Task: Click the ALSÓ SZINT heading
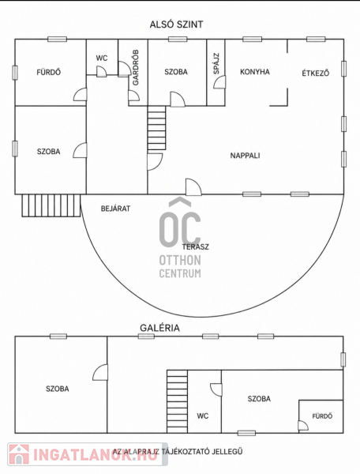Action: [x=176, y=24]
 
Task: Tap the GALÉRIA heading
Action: [x=159, y=328]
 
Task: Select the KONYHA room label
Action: [x=255, y=72]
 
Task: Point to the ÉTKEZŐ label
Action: [x=316, y=73]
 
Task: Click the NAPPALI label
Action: [x=245, y=156]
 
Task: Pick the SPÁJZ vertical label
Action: [x=216, y=64]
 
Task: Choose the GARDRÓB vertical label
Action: [x=136, y=67]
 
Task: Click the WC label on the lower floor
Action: [x=102, y=58]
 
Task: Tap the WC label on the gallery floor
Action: [x=203, y=416]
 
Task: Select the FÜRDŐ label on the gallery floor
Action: [x=322, y=416]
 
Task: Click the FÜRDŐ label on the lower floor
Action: [x=49, y=72]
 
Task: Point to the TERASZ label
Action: [x=196, y=246]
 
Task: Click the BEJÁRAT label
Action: [x=116, y=209]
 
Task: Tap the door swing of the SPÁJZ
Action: [x=219, y=82]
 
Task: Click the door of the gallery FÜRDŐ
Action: [x=303, y=425]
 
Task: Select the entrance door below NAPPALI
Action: [x=193, y=187]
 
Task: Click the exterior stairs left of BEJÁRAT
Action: [x=51, y=205]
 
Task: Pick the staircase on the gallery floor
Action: [x=178, y=401]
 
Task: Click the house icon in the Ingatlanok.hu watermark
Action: [x=19, y=453]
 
